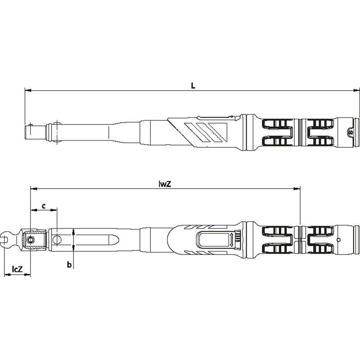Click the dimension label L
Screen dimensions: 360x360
point(193,86)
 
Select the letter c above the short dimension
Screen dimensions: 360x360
point(44,206)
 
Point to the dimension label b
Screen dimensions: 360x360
point(69,265)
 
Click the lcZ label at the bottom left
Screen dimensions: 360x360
point(17,269)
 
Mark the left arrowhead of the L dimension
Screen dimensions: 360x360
point(27,91)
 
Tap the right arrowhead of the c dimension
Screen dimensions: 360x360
point(54,210)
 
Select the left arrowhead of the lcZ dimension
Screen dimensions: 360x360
point(7,275)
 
